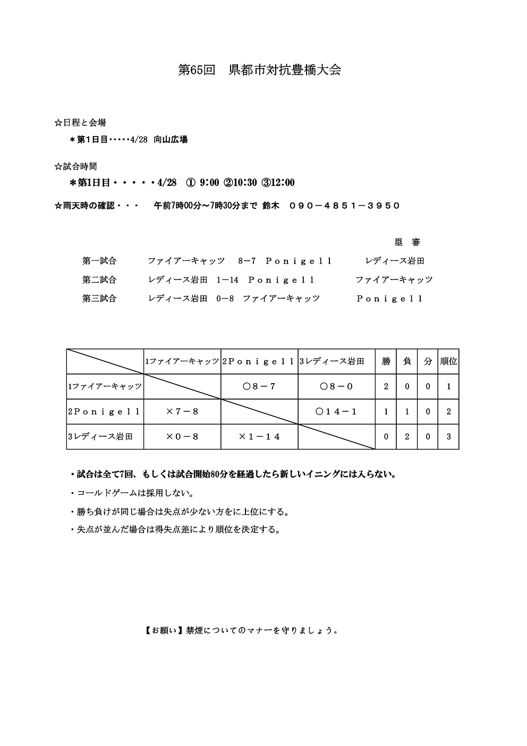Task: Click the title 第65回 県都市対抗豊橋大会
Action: (x=259, y=70)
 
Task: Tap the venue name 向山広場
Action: (x=171, y=140)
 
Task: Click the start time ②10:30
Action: (x=241, y=183)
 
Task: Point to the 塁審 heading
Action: (x=407, y=242)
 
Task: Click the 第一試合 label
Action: (x=99, y=261)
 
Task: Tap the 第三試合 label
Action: (x=99, y=299)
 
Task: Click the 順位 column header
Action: (x=448, y=361)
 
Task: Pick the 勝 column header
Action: (x=386, y=361)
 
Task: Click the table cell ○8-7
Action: (x=259, y=386)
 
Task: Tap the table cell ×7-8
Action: (x=182, y=411)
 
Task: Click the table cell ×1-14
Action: (x=259, y=437)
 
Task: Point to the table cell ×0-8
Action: (x=182, y=437)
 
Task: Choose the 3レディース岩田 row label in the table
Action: (x=100, y=437)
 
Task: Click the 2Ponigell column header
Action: (x=259, y=361)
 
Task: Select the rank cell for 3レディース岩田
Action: (x=448, y=437)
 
